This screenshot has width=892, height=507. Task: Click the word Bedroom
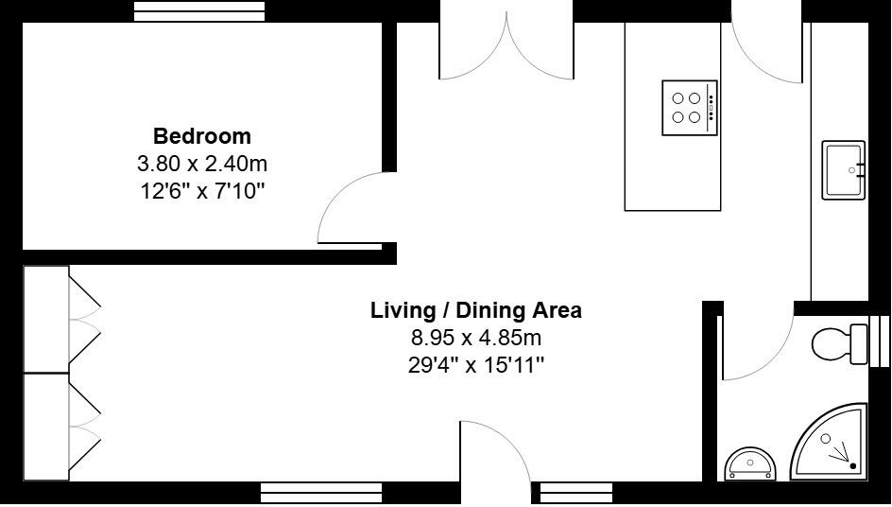[x=202, y=136]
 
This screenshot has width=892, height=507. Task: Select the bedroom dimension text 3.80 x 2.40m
[x=202, y=164]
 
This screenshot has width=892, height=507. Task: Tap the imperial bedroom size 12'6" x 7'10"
[x=202, y=191]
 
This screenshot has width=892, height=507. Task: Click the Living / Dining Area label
[x=475, y=310]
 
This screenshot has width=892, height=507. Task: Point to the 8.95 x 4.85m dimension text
[x=475, y=338]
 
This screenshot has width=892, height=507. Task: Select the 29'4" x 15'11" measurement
[x=475, y=365]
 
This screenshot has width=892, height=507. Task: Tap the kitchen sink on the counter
[x=843, y=170]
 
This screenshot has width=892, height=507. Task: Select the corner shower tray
[x=832, y=443]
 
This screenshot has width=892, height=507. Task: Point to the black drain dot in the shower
[x=853, y=465]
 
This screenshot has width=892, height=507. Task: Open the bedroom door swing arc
[x=354, y=208]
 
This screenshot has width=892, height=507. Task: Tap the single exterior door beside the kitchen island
[x=765, y=47]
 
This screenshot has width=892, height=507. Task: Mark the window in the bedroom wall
[x=198, y=10]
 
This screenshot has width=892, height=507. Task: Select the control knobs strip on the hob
[x=712, y=108]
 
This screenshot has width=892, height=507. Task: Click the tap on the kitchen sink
[x=856, y=170]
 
